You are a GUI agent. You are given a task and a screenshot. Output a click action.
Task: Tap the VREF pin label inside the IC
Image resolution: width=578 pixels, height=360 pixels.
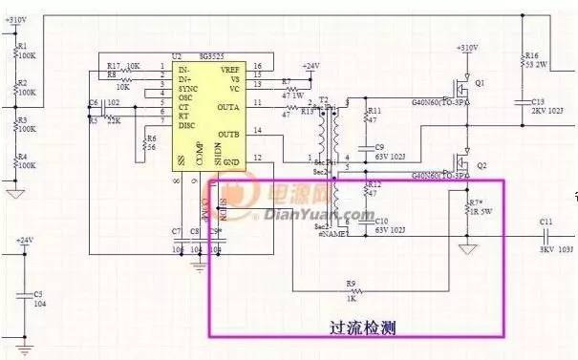pos(228,68)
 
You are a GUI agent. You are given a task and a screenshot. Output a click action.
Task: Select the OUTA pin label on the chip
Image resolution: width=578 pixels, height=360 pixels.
pos(228,106)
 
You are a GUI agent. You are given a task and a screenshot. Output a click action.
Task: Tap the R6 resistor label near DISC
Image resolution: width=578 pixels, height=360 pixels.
pos(149,139)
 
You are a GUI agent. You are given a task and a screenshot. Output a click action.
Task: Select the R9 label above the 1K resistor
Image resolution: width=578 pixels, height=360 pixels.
pos(351,283)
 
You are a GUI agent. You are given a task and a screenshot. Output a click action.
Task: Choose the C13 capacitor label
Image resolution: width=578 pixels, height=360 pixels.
pos(538,100)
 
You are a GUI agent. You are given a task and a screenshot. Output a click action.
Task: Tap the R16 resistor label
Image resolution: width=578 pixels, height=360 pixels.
pos(532,55)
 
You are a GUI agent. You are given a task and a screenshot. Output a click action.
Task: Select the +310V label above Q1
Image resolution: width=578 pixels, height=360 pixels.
pos(467,48)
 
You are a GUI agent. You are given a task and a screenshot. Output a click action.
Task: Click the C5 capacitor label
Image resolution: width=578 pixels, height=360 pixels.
pos(38,294)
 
